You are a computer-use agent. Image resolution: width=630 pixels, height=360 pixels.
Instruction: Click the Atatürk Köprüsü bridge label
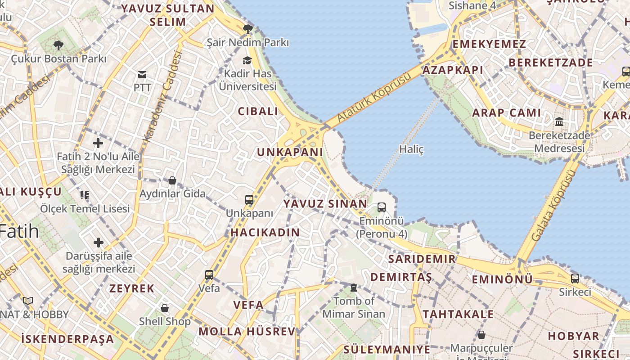[374, 97]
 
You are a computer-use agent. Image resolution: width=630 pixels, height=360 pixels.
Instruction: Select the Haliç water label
[411, 149]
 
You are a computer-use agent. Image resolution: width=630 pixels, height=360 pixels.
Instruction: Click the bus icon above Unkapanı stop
[249, 200]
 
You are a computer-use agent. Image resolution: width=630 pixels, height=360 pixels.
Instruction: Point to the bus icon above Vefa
[209, 274]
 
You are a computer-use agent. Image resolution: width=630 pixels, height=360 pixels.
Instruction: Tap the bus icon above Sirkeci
[575, 278]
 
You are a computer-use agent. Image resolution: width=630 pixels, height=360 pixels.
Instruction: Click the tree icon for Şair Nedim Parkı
[247, 29]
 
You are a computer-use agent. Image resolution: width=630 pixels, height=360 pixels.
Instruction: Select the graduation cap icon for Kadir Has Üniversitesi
[247, 60]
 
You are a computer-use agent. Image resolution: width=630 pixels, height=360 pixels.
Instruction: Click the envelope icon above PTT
[142, 74]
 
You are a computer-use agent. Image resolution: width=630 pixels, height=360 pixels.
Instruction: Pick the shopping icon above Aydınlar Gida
[172, 180]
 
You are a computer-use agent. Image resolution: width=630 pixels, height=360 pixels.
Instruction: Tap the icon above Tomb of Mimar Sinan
[354, 287]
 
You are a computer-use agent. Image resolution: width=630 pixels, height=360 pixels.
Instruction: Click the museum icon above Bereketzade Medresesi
[559, 121]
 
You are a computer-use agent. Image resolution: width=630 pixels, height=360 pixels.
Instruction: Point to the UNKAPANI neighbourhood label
[290, 152]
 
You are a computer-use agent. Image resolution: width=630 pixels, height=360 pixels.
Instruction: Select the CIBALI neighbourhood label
[258, 112]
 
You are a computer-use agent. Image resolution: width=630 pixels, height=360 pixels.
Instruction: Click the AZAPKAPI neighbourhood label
[452, 70]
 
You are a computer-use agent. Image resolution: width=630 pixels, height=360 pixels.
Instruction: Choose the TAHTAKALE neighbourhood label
[458, 314]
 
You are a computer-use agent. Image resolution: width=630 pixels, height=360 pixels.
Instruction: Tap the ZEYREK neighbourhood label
[132, 288]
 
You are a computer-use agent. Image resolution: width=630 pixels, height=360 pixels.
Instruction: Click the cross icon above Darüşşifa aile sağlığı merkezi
[98, 243]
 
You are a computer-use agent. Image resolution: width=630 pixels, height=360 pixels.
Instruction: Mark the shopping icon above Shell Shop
[165, 308]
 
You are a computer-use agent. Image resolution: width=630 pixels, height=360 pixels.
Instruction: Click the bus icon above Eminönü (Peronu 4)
[382, 207]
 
